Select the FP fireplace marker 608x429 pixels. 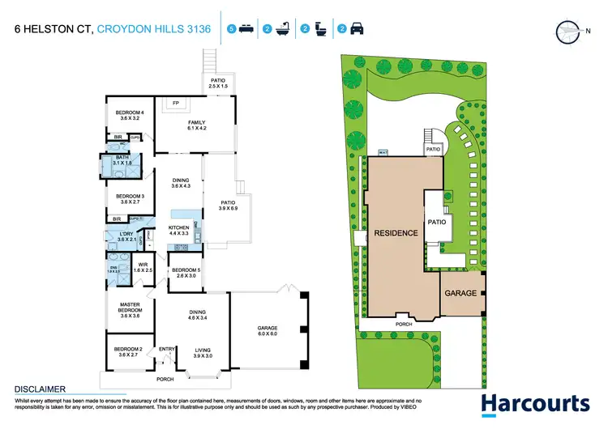[x=175, y=103]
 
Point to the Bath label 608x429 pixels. [x=122, y=161]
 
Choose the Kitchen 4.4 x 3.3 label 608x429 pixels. [x=178, y=231]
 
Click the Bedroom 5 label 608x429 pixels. [x=186, y=273]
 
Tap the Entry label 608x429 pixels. [x=166, y=349]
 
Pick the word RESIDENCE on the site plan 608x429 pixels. [x=396, y=233]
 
